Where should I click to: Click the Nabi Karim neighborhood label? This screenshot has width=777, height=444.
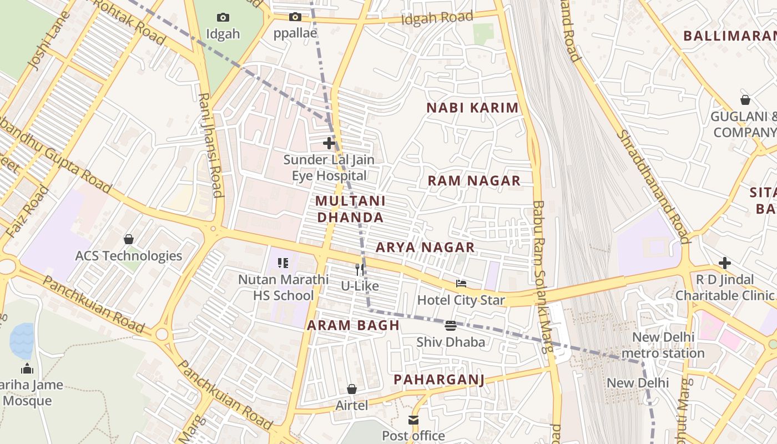click(472, 108)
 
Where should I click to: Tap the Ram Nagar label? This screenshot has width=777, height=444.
click(474, 180)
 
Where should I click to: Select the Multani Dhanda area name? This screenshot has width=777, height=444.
click(350, 209)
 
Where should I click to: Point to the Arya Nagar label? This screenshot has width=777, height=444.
click(425, 248)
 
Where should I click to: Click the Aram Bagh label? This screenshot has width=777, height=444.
click(354, 325)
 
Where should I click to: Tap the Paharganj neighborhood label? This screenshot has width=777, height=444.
click(439, 380)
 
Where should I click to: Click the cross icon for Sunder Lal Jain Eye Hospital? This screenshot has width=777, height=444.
click(329, 143)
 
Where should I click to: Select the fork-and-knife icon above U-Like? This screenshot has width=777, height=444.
click(360, 270)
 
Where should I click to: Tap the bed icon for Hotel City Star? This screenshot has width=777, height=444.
click(461, 284)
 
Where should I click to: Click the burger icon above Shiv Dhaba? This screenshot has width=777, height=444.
click(451, 325)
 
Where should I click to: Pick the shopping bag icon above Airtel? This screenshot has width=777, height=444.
click(351, 389)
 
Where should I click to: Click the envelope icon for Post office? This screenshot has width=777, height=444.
click(413, 420)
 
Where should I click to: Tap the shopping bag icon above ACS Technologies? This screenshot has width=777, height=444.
click(129, 239)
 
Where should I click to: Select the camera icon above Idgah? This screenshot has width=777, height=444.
click(223, 18)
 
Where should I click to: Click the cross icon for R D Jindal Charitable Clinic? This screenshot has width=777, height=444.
click(724, 263)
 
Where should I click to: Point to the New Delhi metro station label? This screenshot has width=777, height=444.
click(663, 345)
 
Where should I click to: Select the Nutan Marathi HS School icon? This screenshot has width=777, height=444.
click(283, 263)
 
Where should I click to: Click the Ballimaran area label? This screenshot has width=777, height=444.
click(729, 36)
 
